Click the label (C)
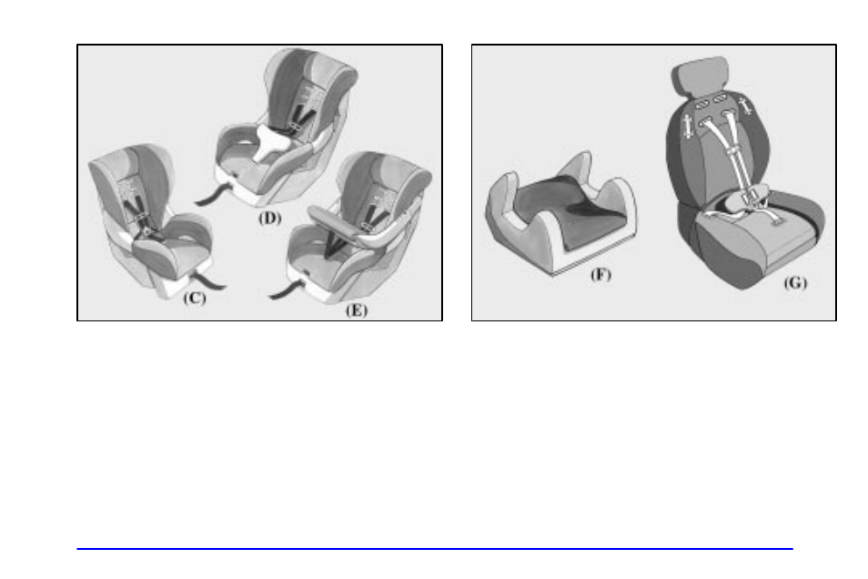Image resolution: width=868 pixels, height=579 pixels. click(x=194, y=298)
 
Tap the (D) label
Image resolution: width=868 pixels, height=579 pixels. click(x=267, y=218)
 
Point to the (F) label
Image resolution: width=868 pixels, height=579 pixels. click(x=601, y=274)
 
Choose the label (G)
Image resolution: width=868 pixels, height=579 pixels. click(x=794, y=283)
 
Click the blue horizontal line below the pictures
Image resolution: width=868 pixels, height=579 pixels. click(x=434, y=549)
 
